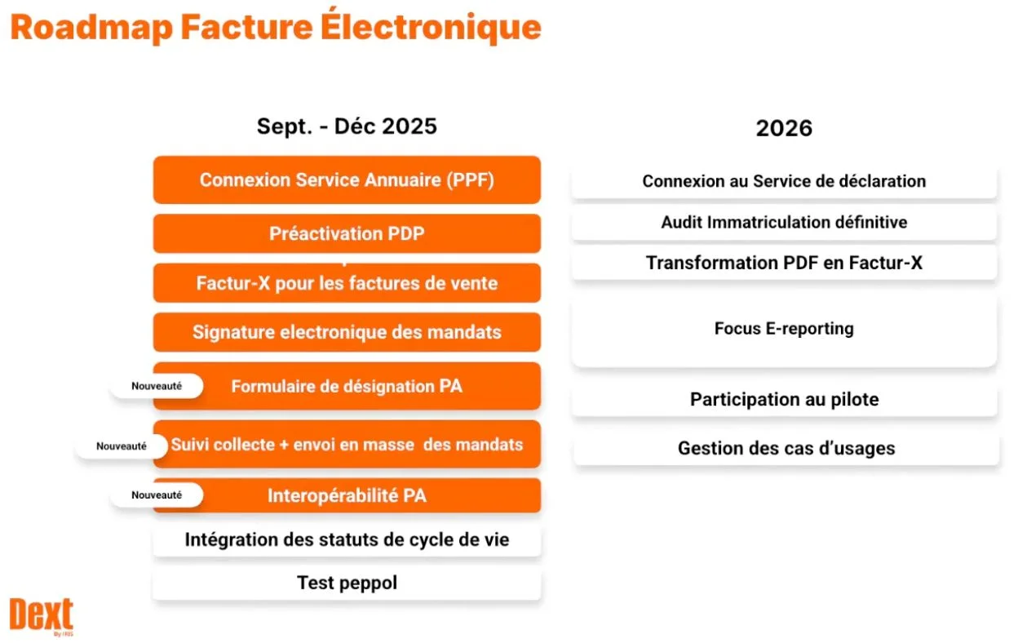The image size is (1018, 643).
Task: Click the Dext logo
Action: [41, 616]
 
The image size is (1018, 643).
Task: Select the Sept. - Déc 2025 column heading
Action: [347, 126]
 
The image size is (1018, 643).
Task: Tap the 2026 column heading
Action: [784, 128]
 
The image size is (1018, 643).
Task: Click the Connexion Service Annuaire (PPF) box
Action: [347, 180]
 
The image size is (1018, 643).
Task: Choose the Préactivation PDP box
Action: [347, 233]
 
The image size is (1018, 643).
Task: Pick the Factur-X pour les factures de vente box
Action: [347, 283]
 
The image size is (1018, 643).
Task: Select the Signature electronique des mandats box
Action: [347, 332]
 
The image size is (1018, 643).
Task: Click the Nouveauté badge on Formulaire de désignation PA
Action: [157, 386]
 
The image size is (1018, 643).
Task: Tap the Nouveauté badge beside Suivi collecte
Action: [122, 446]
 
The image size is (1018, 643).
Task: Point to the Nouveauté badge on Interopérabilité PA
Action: [157, 494]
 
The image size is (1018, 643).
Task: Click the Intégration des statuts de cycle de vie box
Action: [347, 539]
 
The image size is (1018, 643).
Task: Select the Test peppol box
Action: [347, 583]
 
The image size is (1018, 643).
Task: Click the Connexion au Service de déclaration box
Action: [784, 181]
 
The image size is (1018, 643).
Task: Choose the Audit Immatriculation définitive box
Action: [784, 223]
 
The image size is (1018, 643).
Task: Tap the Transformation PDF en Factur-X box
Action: [784, 263]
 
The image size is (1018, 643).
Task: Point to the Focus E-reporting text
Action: [784, 328]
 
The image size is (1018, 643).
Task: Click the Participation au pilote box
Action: [785, 399]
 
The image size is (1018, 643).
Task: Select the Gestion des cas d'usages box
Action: [786, 448]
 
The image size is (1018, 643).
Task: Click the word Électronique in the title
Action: [431, 26]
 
